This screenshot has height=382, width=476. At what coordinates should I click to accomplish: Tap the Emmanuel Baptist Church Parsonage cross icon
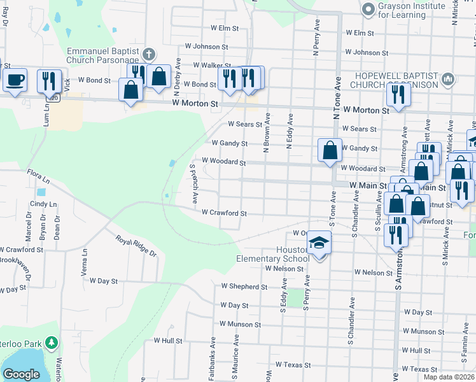pyautogui.click(x=149, y=54)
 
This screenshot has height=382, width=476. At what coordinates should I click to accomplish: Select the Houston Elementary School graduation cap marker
pyautogui.click(x=319, y=244)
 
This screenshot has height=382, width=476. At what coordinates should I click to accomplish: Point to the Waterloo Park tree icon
pyautogui.click(x=52, y=343)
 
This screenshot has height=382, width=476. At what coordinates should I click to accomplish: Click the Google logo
pyautogui.click(x=21, y=374)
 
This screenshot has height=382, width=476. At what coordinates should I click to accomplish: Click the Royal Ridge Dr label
pyautogui.click(x=136, y=244)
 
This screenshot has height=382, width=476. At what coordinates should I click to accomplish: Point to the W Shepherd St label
pyautogui.click(x=244, y=287)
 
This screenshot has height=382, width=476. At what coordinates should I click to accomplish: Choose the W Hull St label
pyautogui.click(x=168, y=341)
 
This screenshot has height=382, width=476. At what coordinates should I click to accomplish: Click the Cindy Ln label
pyautogui.click(x=38, y=204)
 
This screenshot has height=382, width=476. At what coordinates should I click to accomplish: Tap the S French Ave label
pyautogui.click(x=193, y=184)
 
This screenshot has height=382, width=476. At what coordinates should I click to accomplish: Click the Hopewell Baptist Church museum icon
pyautogui.click(x=448, y=79)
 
